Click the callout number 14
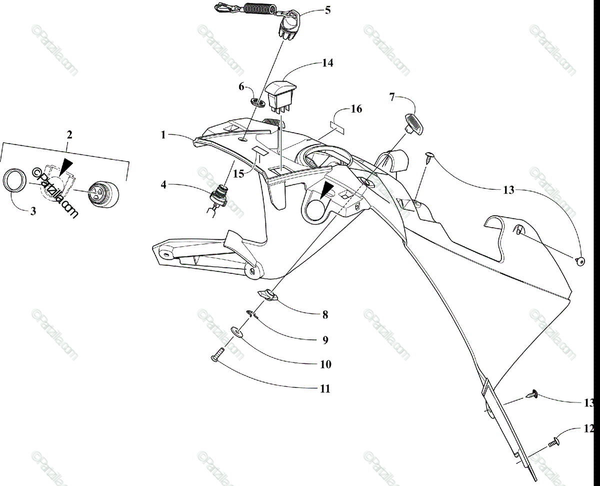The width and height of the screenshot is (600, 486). tap(327, 63)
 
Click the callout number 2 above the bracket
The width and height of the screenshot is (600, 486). tap(69, 135)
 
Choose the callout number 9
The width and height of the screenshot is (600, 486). tap(325, 340)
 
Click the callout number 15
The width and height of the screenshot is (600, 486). tap(238, 173)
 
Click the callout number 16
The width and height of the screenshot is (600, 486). tap(356, 109)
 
